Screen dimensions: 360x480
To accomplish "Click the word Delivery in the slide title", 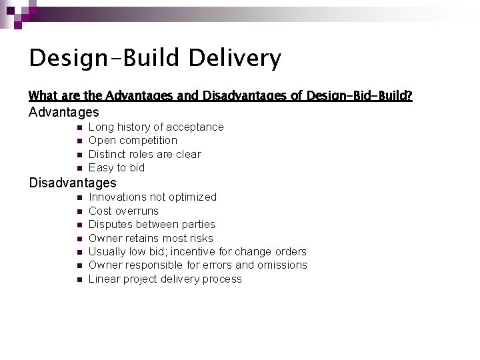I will click(235, 59).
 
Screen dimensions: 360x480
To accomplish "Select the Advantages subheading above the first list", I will click(64, 113).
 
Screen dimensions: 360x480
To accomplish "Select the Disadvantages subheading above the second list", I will click(73, 183).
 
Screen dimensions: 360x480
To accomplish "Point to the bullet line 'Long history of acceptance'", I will click(156, 127).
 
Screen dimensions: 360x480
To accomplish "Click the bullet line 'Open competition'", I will click(133, 141).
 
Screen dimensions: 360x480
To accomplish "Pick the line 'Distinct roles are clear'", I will click(145, 154).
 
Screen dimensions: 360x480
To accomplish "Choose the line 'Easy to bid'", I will click(117, 168).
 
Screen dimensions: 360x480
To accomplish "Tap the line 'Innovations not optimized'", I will click(153, 197).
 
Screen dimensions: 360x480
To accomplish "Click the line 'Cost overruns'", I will click(123, 211).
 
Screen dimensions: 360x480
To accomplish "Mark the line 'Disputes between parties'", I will click(152, 224).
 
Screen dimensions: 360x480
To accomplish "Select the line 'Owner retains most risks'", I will click(151, 238).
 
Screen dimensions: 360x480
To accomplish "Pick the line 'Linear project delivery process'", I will click(165, 279).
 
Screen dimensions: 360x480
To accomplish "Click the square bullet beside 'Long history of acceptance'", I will click(79, 127).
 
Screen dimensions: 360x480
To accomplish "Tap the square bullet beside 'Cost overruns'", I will click(79, 211).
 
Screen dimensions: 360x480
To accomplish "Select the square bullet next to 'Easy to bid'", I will click(79, 168).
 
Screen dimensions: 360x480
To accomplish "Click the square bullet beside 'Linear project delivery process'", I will click(79, 279).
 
